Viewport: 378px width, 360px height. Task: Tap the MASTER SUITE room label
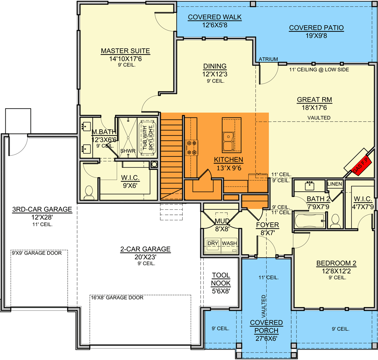coord(125,51)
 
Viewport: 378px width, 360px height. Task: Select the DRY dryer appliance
coord(213,245)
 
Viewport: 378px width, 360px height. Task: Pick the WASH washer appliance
coord(229,245)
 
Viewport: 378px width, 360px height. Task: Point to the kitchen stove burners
coord(192,148)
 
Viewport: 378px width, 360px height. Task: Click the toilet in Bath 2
coord(335,221)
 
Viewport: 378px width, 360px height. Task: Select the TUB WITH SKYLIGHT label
coord(148,138)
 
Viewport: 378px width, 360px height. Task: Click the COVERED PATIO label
coord(316,28)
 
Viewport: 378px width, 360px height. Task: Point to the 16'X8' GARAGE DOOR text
coord(117,297)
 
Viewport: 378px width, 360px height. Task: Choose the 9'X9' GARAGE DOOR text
coord(37,253)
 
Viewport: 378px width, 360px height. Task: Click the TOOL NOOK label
coord(221,279)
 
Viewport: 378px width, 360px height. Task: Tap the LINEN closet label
coord(335,184)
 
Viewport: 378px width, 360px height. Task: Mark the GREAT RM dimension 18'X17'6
coord(314,108)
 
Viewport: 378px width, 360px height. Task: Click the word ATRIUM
coord(268,59)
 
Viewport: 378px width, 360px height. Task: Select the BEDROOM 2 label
coord(336,263)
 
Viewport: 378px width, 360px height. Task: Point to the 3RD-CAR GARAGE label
coord(42,209)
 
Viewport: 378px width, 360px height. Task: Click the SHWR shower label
coord(128,151)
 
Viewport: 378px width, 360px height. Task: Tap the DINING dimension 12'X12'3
coord(215,74)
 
